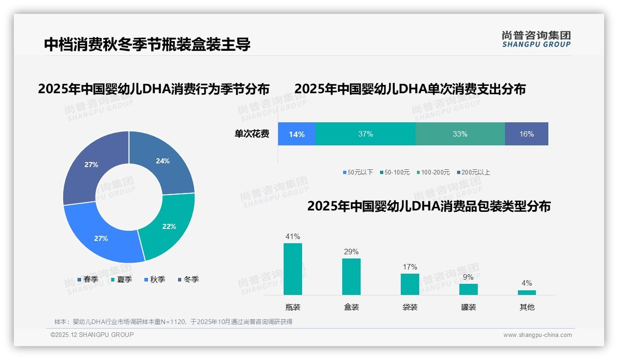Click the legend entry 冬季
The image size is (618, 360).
pos(188,280)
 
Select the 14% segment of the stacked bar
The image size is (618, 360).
pos(297,134)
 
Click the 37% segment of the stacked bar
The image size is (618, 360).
pos(365,134)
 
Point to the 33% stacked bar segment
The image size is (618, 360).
pos(460,134)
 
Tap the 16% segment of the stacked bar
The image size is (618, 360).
pos(526,134)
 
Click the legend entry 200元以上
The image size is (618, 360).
pos(474,173)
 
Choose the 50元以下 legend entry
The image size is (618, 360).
pos(358,173)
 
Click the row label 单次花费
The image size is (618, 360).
pos(252,134)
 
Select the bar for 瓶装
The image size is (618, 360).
pos(292,269)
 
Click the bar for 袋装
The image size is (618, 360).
pos(410,284)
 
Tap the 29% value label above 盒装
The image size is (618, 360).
pos(351,252)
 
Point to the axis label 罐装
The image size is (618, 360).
pos(468,307)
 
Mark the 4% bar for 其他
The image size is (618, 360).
pos(527,293)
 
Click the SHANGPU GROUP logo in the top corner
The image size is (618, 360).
pos(536,39)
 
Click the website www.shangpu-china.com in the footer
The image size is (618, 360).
pos(537,335)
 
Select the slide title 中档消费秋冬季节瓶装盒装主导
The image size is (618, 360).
pos(147,44)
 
